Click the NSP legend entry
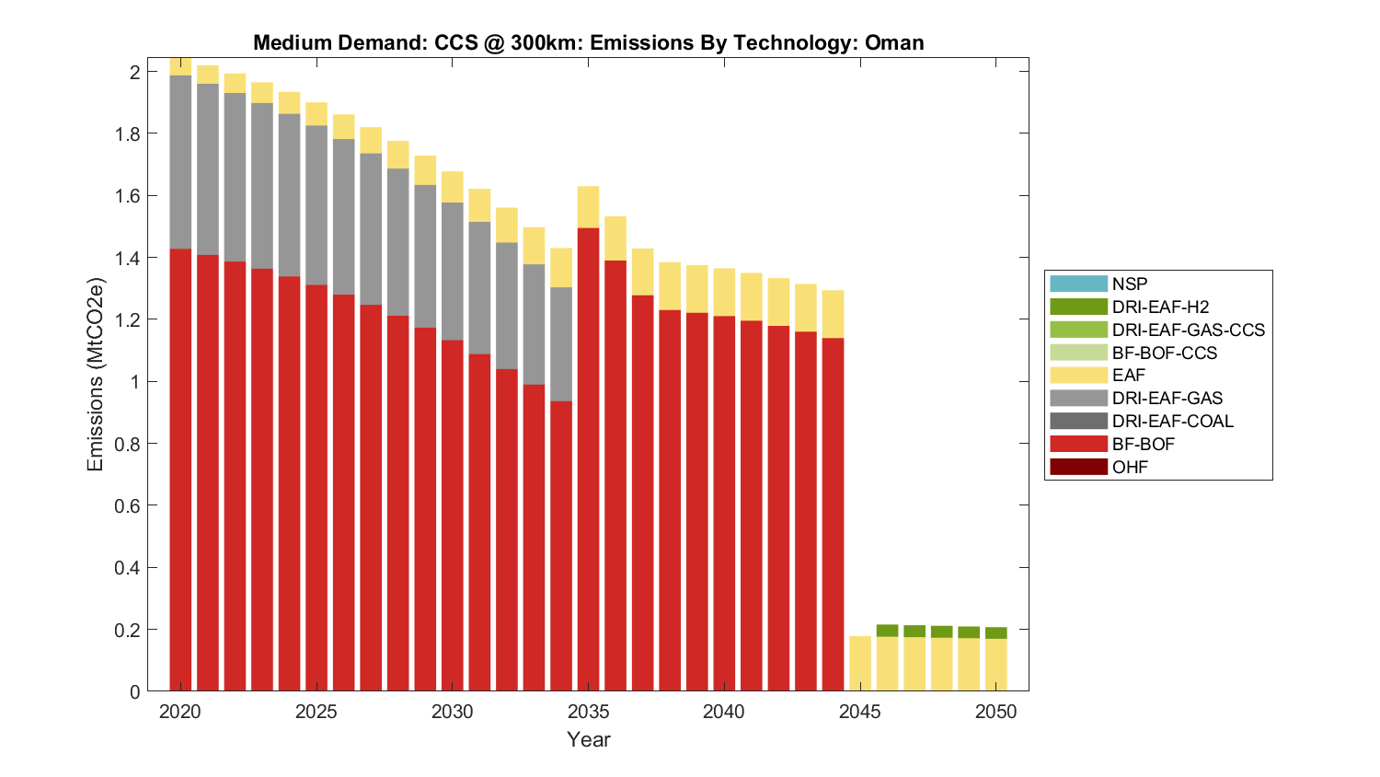pos(1130,284)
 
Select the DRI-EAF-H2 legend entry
pos(1160,307)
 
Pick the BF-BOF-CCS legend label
pos(1164,353)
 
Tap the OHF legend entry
pos(1130,468)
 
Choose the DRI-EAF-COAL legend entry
pos(1172,422)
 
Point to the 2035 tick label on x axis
pos(589,712)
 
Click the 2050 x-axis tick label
pos(996,712)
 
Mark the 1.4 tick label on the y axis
pos(127,258)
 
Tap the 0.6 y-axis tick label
pos(127,506)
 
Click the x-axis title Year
pos(589,739)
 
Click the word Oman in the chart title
pos(894,42)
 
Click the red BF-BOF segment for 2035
pos(589,460)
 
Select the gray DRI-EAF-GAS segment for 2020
pos(180,162)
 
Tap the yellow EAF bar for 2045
pos(860,663)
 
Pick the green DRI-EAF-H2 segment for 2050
pos(996,633)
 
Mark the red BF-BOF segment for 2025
pos(316,488)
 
